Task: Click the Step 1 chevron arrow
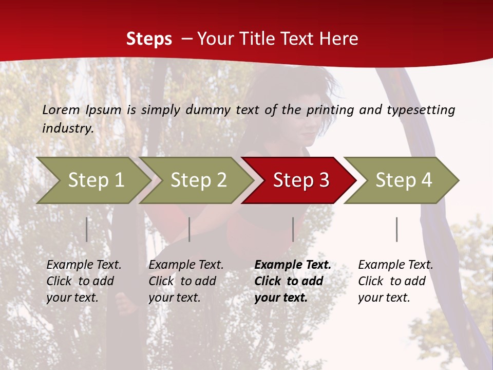[95, 180]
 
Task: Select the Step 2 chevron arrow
[198, 180]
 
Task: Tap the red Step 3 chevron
[300, 180]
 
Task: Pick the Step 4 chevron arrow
[403, 180]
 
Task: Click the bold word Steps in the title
[149, 39]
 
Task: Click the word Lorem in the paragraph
[61, 109]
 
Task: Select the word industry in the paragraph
[67, 128]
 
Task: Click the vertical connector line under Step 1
[87, 229]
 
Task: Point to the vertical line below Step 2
[189, 229]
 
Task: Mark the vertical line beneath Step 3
[293, 229]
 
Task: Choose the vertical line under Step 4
[396, 229]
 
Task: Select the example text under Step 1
[84, 281]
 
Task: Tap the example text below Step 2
[186, 281]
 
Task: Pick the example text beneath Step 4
[395, 281]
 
